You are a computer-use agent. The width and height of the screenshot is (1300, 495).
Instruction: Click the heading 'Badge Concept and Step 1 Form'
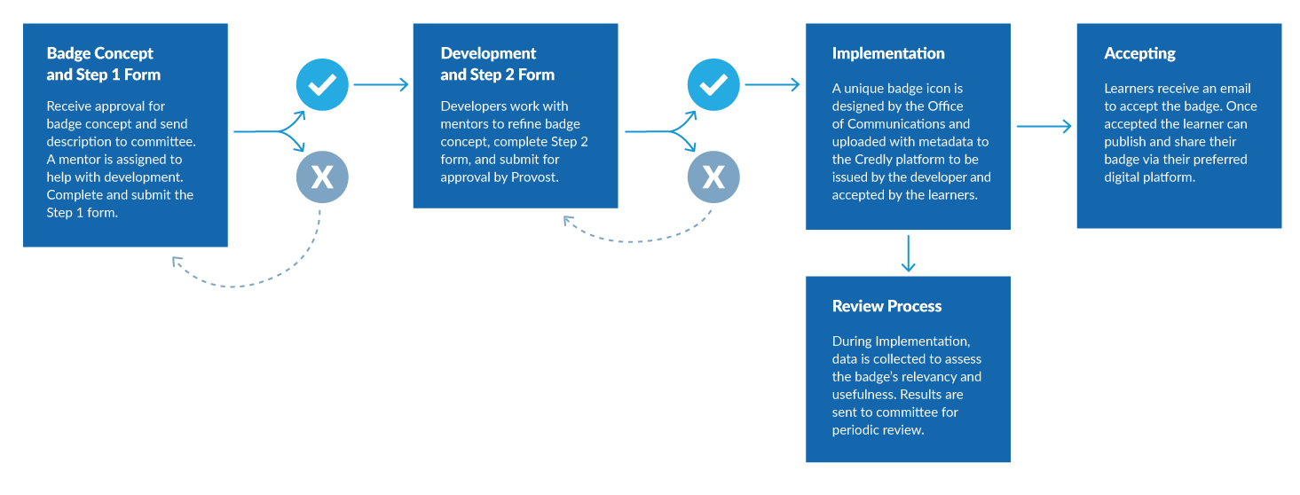click(103, 64)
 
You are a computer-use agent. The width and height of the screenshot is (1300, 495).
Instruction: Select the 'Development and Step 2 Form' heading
click(497, 64)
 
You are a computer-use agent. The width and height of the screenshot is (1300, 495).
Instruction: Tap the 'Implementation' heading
click(888, 53)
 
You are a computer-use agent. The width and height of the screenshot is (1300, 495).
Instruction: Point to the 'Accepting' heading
click(1139, 54)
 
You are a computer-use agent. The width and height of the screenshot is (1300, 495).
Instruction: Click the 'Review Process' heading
click(886, 306)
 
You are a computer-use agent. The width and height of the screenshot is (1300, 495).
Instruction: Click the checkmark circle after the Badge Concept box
click(322, 85)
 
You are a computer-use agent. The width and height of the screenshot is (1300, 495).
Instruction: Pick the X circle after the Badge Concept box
click(322, 177)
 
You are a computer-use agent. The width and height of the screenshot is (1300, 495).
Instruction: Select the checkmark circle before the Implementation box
click(713, 85)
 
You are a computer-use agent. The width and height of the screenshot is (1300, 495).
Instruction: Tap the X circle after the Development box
click(713, 177)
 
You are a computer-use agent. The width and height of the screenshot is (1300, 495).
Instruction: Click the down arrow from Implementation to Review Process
click(909, 254)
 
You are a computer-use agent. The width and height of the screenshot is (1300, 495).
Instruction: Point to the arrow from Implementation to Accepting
click(1044, 126)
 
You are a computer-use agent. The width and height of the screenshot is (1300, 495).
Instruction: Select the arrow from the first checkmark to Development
click(381, 85)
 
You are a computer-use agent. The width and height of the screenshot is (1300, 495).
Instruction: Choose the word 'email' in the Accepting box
click(1233, 88)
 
